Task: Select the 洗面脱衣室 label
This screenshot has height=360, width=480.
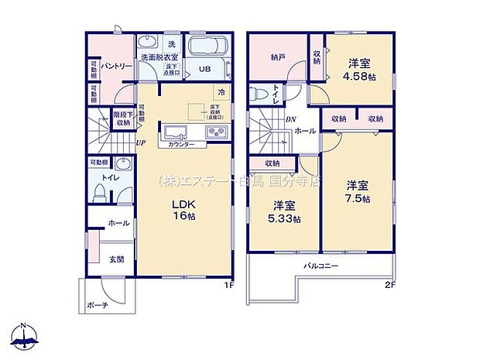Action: tap(159, 57)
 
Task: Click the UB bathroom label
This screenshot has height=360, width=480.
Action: tap(205, 69)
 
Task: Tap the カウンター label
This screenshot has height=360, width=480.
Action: tap(181, 145)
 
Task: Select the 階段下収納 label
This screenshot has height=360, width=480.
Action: tap(123, 120)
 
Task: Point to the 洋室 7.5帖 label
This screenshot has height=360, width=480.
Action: tap(357, 190)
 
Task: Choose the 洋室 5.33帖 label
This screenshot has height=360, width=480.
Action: tap(284, 211)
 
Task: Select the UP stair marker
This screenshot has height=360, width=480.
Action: tap(140, 142)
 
